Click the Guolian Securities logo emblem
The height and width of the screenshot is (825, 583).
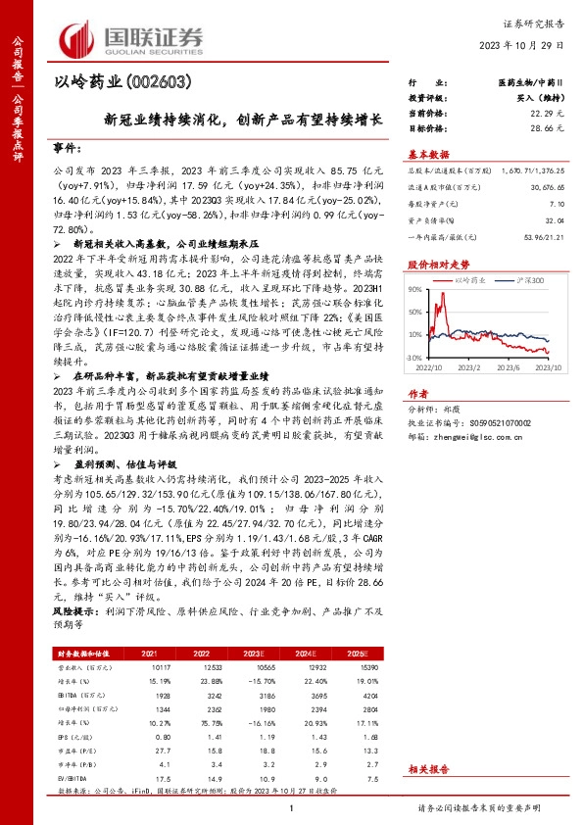click(79, 36)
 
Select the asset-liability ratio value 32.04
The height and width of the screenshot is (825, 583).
click(555, 220)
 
